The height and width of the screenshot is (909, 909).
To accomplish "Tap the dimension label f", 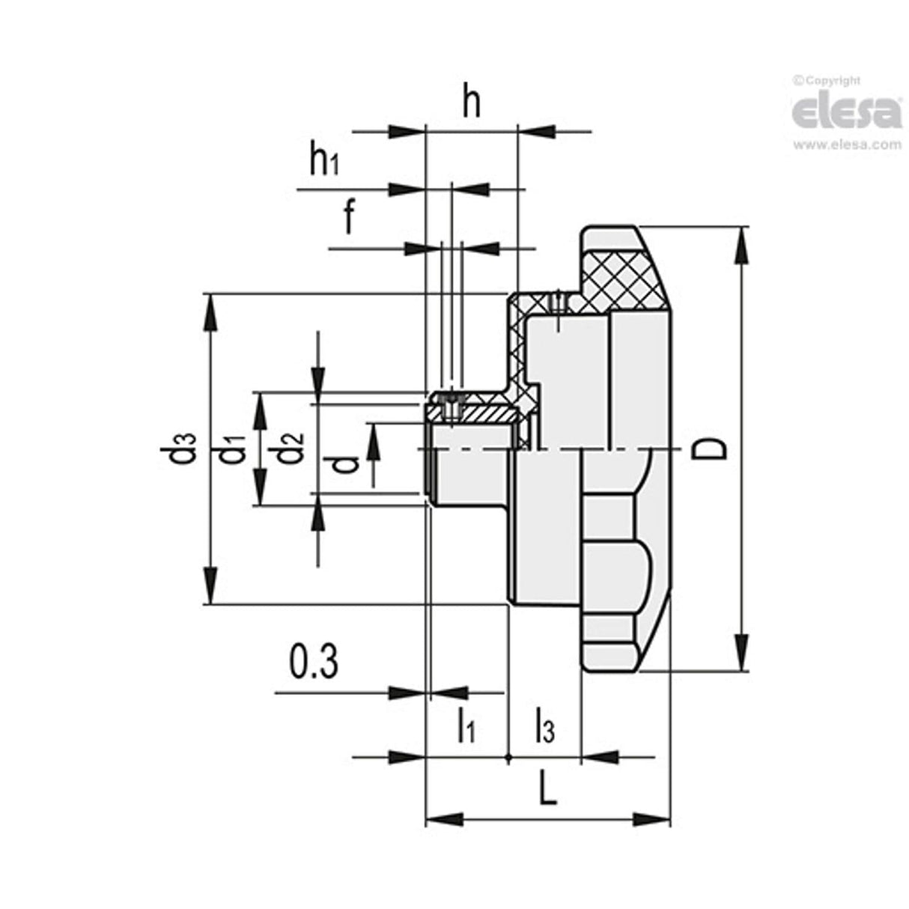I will (x=349, y=217).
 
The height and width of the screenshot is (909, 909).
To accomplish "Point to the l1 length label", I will (x=466, y=725).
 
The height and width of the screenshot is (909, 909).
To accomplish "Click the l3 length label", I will (x=544, y=725).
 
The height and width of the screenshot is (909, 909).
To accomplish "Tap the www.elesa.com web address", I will (x=847, y=145).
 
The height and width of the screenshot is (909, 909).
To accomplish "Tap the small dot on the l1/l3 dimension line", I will (x=508, y=758).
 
